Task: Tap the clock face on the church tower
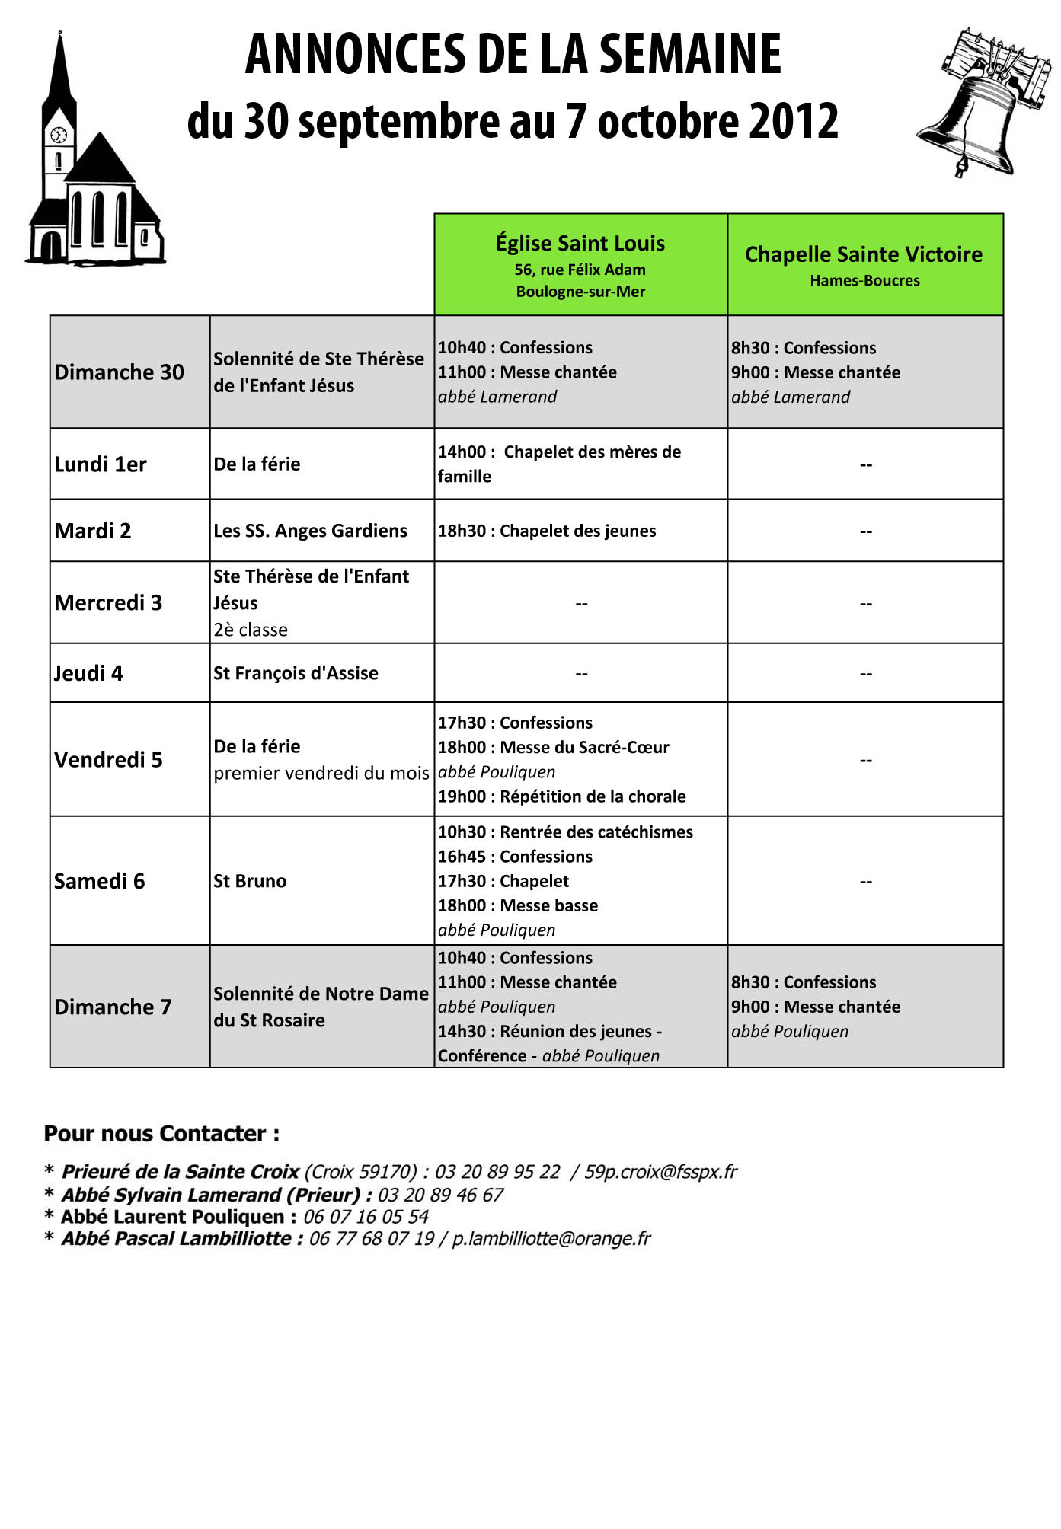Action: pyautogui.click(x=59, y=136)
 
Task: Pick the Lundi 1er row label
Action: pyautogui.click(x=100, y=464)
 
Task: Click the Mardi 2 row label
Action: pyautogui.click(x=92, y=531)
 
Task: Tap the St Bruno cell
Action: pyautogui.click(x=250, y=881)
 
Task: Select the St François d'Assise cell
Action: pyautogui.click(x=296, y=673)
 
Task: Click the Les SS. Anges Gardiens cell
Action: pyautogui.click(x=310, y=531)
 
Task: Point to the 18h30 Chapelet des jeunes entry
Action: pyautogui.click(x=546, y=531)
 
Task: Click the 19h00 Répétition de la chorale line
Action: pyautogui.click(x=561, y=796)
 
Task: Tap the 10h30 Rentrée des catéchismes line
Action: pyautogui.click(x=565, y=832)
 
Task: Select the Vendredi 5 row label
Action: pyautogui.click(x=108, y=759)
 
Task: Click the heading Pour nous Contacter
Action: pyautogui.click(x=161, y=1134)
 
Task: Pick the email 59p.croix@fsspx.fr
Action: pyautogui.click(x=660, y=1172)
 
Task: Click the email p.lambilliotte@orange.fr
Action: pyautogui.click(x=551, y=1239)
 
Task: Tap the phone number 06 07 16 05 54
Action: pyautogui.click(x=366, y=1217)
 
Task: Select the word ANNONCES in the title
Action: pyautogui.click(x=353, y=55)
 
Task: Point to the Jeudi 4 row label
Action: pyautogui.click(x=88, y=673)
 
